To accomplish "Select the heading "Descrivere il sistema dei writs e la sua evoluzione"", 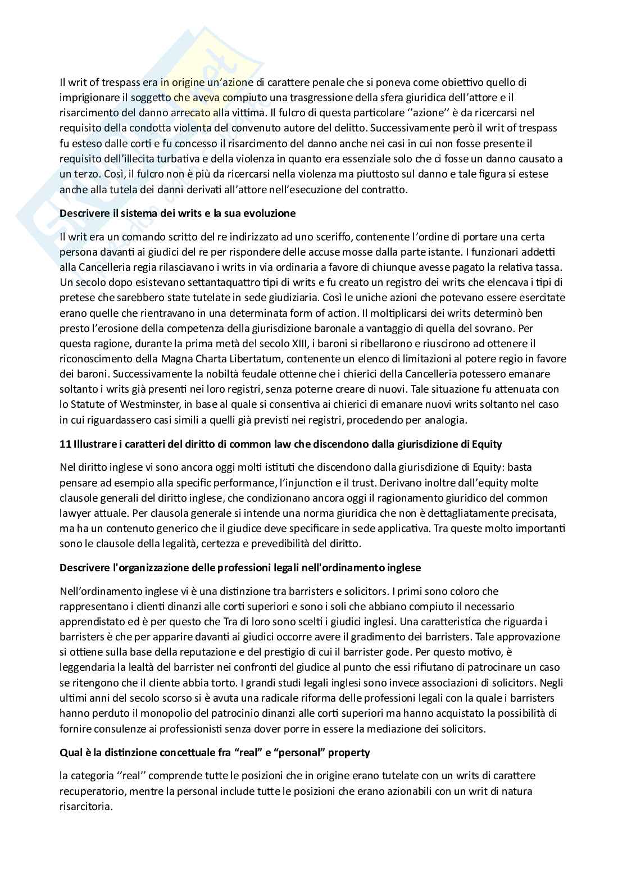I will (x=178, y=214).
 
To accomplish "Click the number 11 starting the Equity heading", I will (x=65, y=444).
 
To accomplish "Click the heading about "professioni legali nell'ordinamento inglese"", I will (x=240, y=568).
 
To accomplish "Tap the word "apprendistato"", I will (x=88, y=622).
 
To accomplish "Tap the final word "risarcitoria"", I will (x=86, y=806).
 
